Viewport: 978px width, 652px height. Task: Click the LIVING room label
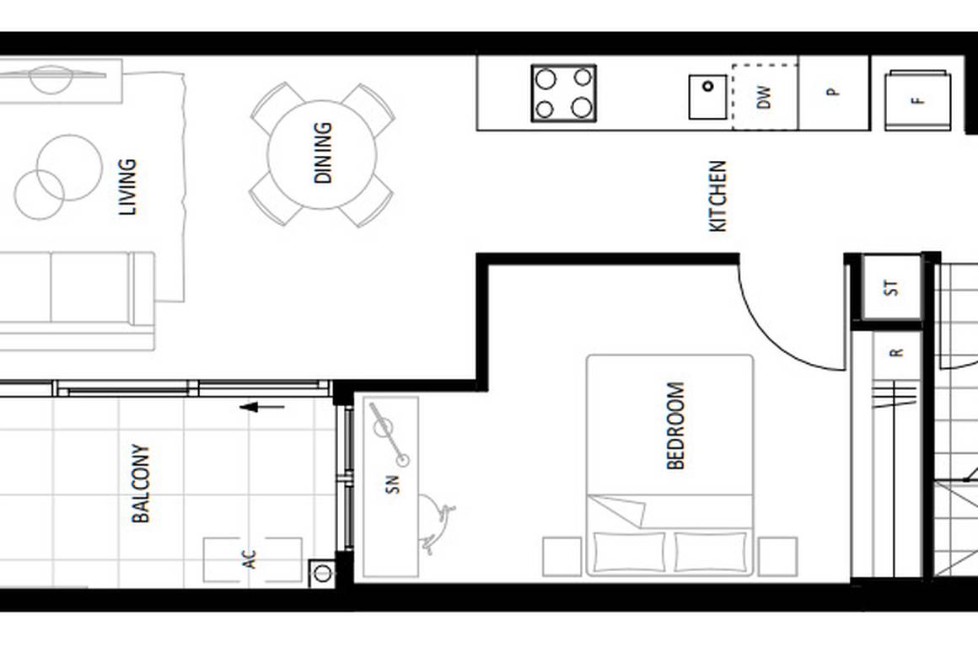(x=128, y=187)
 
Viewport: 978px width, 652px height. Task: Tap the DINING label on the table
(x=323, y=153)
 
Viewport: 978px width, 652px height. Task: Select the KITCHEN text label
(x=717, y=196)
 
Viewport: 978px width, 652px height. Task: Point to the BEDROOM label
(x=676, y=425)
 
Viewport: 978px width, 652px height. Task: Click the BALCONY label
(x=141, y=484)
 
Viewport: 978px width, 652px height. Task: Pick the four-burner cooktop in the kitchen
(x=563, y=93)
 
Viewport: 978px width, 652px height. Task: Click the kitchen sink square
(x=708, y=97)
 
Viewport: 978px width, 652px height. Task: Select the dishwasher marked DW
(x=764, y=98)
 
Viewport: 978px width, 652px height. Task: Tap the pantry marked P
(x=833, y=93)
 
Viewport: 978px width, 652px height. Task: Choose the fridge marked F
(x=917, y=100)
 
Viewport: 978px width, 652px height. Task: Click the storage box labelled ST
(x=892, y=288)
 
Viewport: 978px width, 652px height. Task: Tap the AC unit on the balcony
(x=251, y=559)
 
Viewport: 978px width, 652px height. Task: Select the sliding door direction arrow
(x=261, y=408)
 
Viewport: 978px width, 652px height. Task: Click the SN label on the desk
(x=392, y=484)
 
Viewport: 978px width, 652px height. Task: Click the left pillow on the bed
(x=629, y=552)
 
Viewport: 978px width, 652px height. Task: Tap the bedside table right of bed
(x=776, y=557)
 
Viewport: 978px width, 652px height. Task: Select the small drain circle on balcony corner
(x=322, y=574)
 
